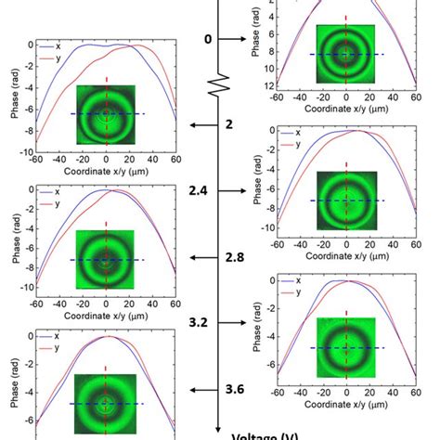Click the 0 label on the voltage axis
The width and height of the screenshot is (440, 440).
[x=207, y=39]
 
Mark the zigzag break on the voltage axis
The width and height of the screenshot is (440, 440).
[x=219, y=90]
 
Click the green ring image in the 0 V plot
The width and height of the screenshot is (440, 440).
[x=345, y=54]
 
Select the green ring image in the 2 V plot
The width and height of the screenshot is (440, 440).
[x=106, y=113]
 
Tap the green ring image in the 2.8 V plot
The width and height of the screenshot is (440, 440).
[x=106, y=259]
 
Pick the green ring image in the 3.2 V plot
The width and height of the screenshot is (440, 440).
[x=345, y=347]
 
